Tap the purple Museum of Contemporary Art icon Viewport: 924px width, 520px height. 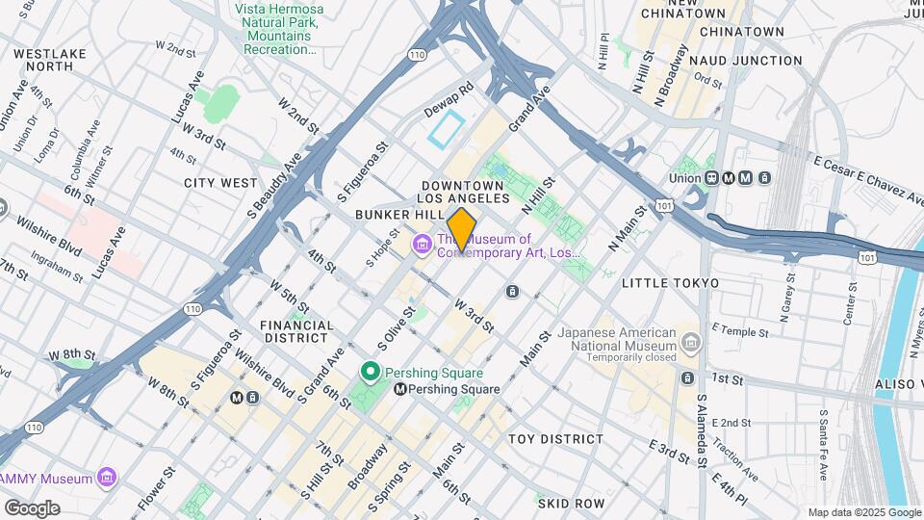[422, 246]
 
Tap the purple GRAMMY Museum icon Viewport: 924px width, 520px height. [107, 478]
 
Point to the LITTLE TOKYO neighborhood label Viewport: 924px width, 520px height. [670, 283]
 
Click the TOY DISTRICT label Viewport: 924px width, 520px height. [555, 439]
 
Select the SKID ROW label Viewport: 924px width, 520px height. [571, 504]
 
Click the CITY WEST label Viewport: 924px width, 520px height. [221, 183]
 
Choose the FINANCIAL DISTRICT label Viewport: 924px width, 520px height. [297, 331]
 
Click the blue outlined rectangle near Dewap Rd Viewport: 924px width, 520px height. [447, 129]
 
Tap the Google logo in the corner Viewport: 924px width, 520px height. [32, 507]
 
